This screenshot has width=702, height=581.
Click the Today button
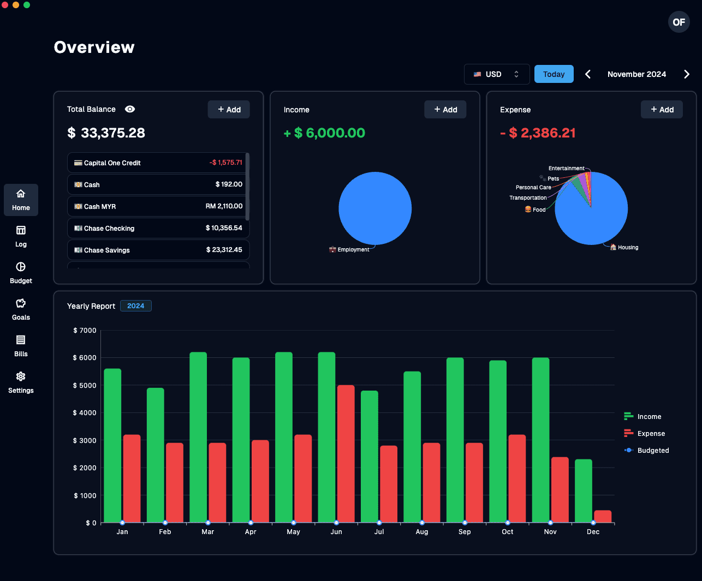(x=554, y=74)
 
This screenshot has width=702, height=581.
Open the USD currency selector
(x=496, y=74)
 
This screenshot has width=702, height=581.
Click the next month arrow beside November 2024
(x=686, y=74)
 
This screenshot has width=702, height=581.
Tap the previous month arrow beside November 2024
(x=588, y=74)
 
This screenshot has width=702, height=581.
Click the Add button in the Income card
(x=445, y=110)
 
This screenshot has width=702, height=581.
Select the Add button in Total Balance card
(x=229, y=110)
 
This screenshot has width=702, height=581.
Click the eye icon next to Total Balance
(x=130, y=109)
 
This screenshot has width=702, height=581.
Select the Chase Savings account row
(x=158, y=250)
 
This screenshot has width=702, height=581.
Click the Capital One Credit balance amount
(x=226, y=163)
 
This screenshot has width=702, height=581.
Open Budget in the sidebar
(x=21, y=272)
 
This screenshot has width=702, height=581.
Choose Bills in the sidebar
(x=21, y=345)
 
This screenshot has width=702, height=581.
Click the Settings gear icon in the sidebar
(x=21, y=376)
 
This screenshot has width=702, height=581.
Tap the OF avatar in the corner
(x=679, y=22)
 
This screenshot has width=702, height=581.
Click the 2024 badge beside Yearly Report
(x=136, y=306)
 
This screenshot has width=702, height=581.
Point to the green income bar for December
(x=583, y=491)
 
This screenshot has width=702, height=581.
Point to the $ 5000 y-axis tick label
(x=85, y=385)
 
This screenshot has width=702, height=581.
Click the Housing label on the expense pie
(x=628, y=248)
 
